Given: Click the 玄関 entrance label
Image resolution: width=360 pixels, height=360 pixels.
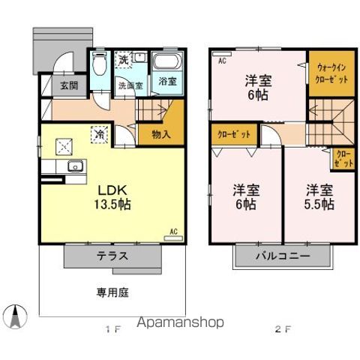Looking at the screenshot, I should click(x=69, y=85).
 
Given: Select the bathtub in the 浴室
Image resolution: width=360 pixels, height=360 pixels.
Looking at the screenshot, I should click(x=164, y=62).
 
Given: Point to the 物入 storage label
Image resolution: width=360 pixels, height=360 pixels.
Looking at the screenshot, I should click(x=160, y=134).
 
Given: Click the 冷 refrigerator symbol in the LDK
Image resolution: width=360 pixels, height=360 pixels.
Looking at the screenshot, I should click(x=99, y=134).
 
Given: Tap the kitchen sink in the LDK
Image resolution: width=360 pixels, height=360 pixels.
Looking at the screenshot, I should click(x=73, y=166).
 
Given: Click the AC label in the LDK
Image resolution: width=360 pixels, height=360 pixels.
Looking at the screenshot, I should click(x=173, y=232).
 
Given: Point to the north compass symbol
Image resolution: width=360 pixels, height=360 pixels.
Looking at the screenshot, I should click(x=14, y=316).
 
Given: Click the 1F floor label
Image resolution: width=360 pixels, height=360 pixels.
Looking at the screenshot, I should click(x=112, y=329).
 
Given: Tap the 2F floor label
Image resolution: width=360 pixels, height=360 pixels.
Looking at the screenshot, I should click(x=281, y=329).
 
